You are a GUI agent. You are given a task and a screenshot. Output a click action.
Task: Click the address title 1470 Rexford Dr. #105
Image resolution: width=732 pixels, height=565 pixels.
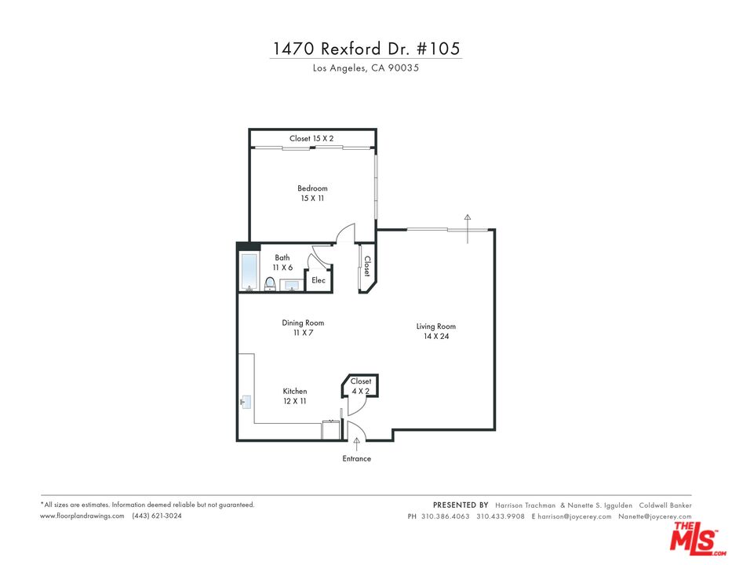[x=366, y=48]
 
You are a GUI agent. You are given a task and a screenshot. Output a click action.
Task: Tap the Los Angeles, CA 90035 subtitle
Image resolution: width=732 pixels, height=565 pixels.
[x=366, y=68]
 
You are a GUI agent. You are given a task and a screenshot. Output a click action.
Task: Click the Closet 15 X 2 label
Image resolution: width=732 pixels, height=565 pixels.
[x=311, y=139]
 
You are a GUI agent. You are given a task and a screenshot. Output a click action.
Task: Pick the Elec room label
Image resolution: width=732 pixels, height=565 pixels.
[x=319, y=280]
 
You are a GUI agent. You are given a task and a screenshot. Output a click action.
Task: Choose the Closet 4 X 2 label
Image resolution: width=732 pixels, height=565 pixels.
[x=361, y=385]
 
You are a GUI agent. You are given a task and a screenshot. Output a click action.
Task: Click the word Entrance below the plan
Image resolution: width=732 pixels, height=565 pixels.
[x=356, y=458]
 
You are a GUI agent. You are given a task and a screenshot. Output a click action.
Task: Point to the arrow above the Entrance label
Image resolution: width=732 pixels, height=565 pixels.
[x=356, y=444]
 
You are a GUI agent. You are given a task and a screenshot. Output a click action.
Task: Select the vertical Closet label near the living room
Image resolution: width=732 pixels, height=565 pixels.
[x=366, y=267]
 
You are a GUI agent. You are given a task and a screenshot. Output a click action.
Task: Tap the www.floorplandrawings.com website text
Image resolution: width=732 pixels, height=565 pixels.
[x=82, y=516]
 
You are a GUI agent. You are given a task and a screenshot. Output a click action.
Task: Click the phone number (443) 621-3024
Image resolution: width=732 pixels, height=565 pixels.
[x=157, y=516]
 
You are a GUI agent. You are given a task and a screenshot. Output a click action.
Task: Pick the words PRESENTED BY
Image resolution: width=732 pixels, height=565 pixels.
[x=461, y=505]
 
